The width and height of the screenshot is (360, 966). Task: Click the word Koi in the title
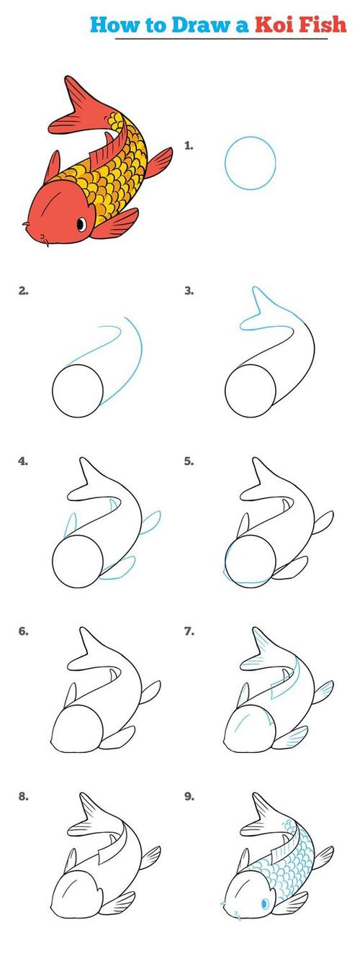274,24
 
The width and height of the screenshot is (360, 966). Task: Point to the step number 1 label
189,145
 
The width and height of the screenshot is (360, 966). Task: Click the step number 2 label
23,291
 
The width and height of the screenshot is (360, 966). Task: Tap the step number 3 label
189,291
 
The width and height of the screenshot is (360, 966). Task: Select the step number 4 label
23,461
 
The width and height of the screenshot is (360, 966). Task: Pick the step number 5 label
189,461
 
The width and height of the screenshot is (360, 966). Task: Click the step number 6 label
23,631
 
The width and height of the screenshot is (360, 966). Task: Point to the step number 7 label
189,631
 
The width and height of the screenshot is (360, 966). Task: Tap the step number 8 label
23,796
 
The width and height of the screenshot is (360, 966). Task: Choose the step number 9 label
189,796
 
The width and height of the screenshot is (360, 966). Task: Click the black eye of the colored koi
81,224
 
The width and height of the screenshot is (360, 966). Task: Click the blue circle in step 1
225,163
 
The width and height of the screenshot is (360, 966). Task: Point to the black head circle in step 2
53,392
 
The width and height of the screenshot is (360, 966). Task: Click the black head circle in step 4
53,561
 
